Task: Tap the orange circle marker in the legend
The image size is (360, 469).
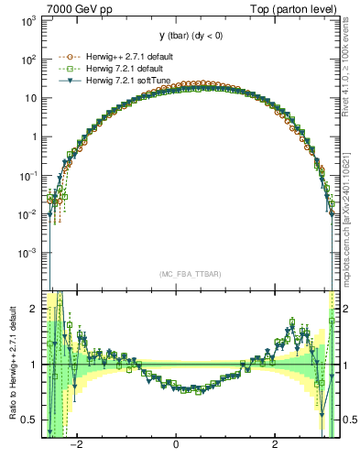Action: tap(66, 57)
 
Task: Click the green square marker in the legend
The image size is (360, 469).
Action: tap(66, 70)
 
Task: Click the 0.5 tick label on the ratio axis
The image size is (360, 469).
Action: tap(30, 420)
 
